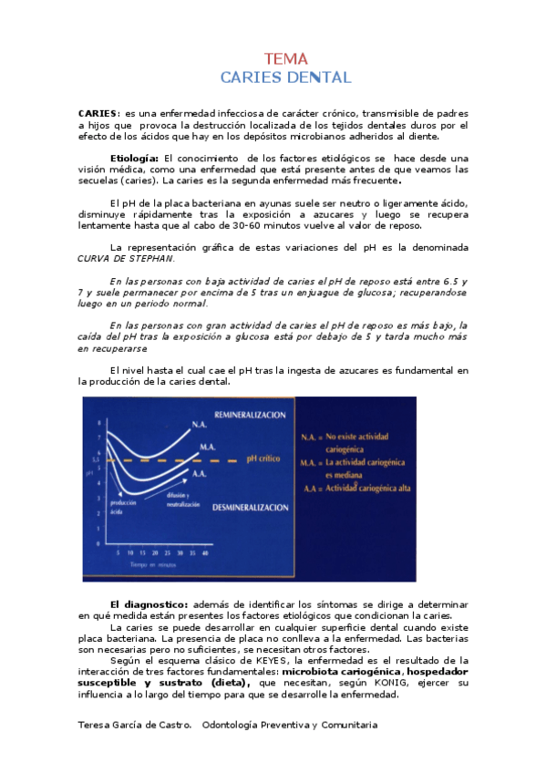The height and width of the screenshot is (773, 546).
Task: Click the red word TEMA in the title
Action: tap(286, 59)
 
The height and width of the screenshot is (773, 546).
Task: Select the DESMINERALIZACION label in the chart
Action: tap(251, 506)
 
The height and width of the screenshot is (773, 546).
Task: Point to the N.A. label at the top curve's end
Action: tap(200, 422)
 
